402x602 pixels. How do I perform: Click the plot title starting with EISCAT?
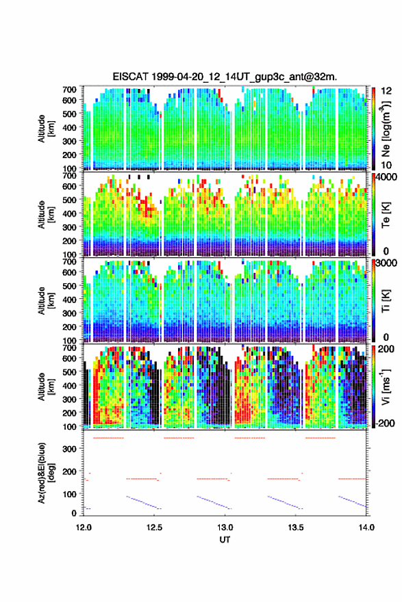(x=225, y=77)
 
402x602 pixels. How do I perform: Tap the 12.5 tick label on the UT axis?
(x=154, y=527)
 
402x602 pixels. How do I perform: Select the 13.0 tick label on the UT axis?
(x=225, y=527)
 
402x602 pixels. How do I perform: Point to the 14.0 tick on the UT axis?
(x=366, y=527)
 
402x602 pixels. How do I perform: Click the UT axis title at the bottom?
(x=225, y=540)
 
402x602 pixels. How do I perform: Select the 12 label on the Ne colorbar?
(x=386, y=91)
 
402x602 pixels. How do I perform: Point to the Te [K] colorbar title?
(x=386, y=215)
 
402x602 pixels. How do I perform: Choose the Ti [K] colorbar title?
(x=386, y=301)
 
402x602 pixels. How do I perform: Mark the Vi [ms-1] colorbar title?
(x=386, y=387)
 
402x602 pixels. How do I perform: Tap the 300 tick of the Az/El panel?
(x=70, y=449)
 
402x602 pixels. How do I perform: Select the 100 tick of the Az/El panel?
(x=70, y=494)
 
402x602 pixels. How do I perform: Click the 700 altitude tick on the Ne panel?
(x=70, y=90)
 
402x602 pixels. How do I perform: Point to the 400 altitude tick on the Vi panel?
(x=70, y=385)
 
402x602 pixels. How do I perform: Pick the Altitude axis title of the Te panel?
(x=45, y=215)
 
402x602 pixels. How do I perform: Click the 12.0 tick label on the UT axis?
(x=84, y=527)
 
